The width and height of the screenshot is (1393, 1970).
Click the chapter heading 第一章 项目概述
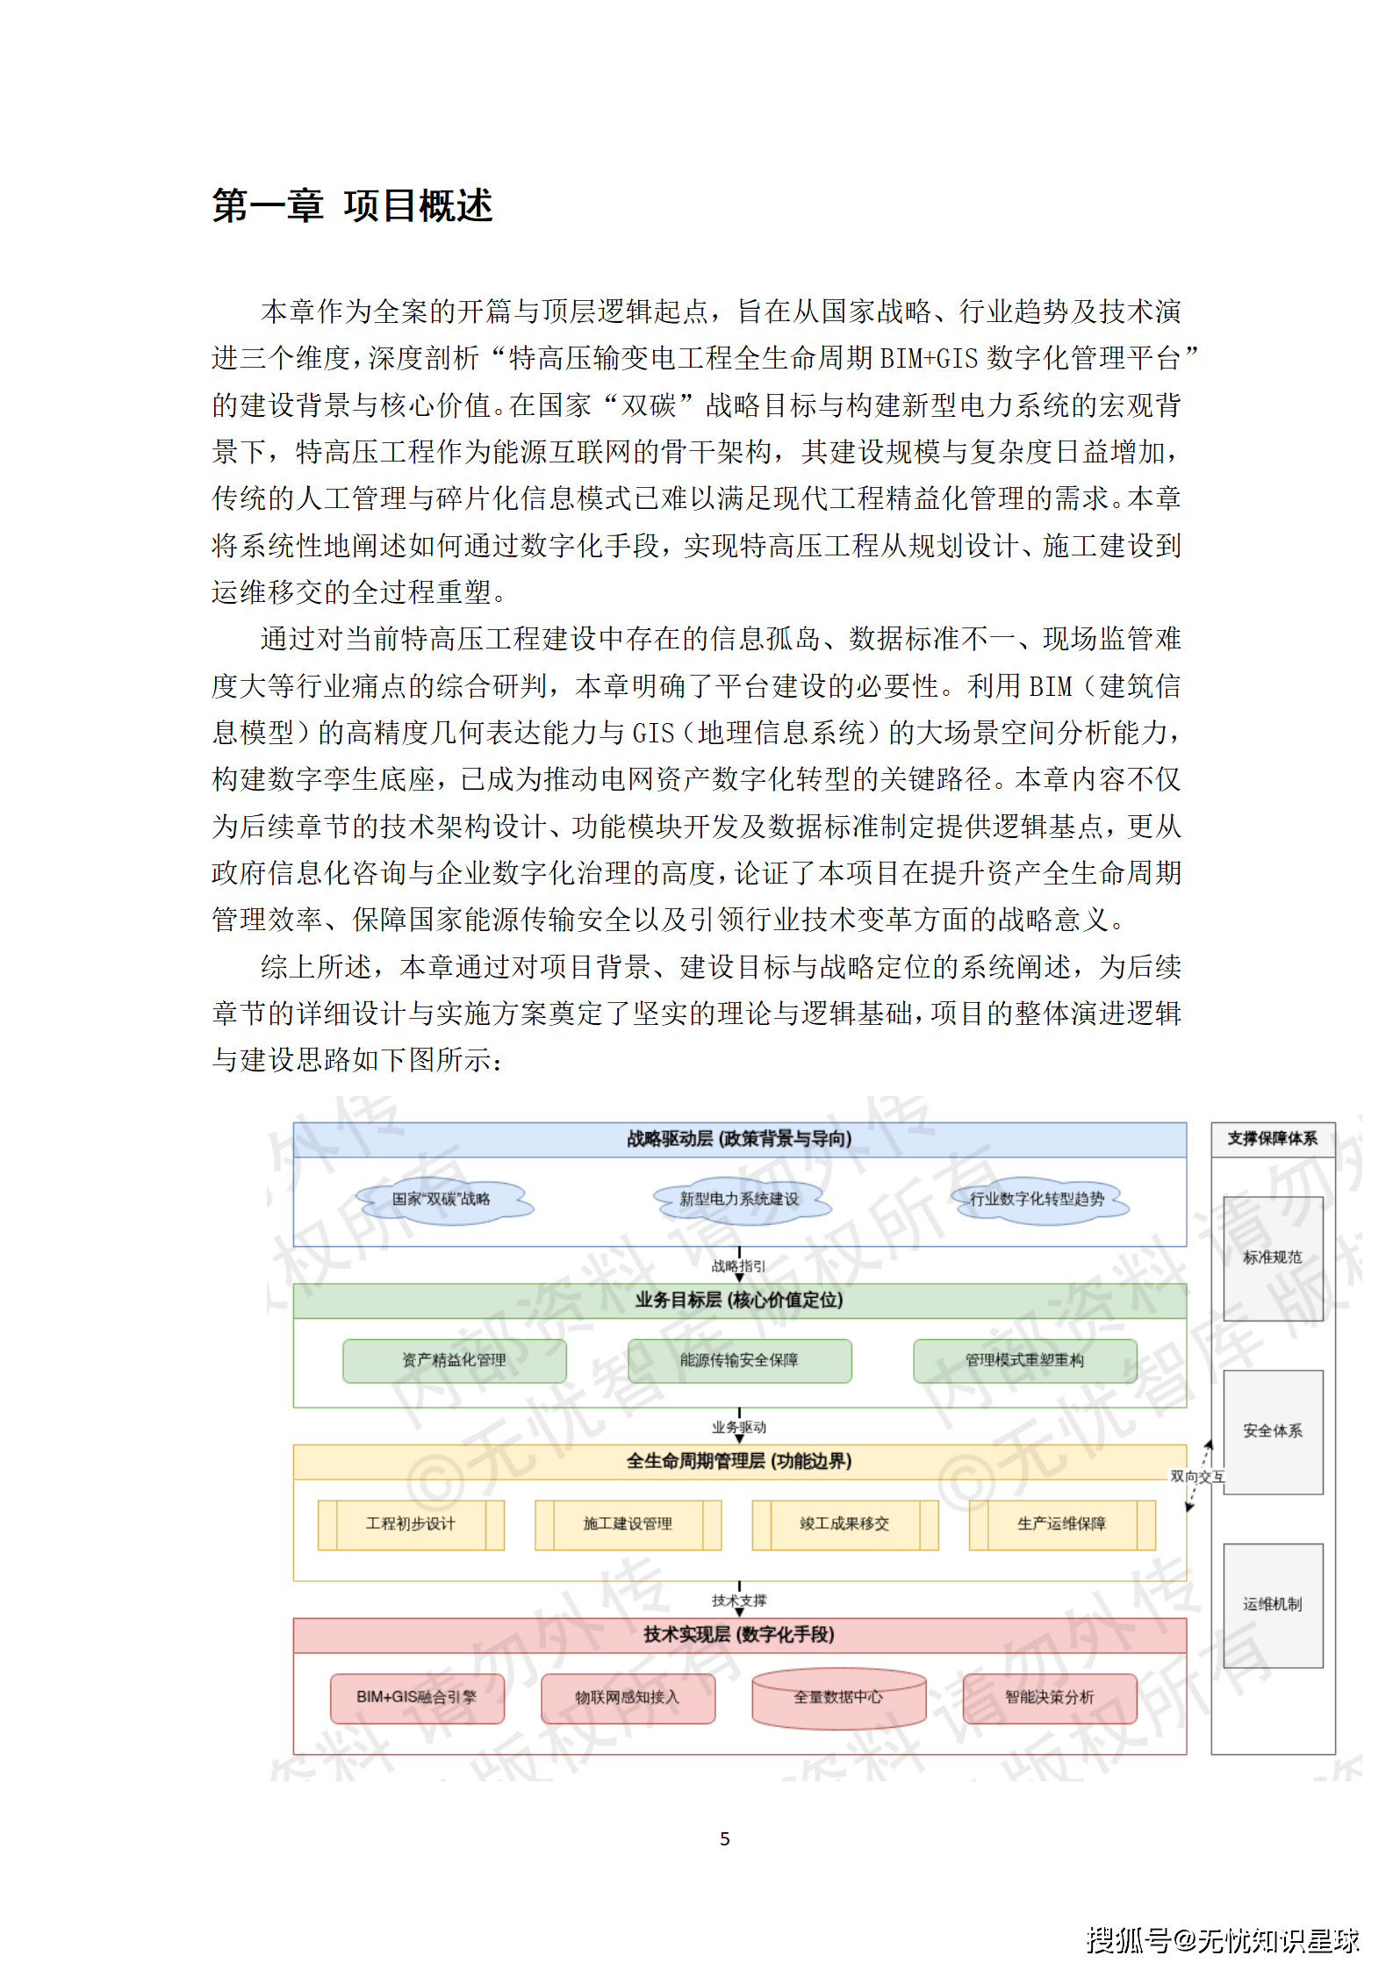point(352,206)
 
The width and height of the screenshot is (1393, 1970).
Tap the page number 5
point(724,1838)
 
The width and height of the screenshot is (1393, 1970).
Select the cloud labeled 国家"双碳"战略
point(442,1200)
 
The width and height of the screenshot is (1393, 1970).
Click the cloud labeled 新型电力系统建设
point(739,1200)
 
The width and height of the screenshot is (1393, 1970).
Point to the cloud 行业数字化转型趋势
point(1037,1200)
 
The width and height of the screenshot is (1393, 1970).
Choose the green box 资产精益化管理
point(454,1360)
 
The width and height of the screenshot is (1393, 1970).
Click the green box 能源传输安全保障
point(739,1360)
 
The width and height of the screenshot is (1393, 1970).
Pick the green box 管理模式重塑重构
point(1024,1360)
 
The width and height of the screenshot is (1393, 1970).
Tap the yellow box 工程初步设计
point(411,1524)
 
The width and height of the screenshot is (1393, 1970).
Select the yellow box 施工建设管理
point(628,1524)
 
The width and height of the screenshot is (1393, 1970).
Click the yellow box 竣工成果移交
point(844,1524)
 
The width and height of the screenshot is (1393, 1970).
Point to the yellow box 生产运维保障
point(1061,1524)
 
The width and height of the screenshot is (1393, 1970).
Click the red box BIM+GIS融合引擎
point(417,1697)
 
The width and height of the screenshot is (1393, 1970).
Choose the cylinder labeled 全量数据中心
point(838,1698)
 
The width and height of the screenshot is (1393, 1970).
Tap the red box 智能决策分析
point(1049,1697)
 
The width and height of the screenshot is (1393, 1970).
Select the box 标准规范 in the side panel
point(1273,1257)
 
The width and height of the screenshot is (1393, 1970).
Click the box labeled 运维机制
point(1273,1604)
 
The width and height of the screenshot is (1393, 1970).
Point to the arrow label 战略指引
point(738,1266)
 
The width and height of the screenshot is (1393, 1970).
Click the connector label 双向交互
point(1196,1477)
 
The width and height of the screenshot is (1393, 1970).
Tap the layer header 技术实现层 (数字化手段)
point(739,1634)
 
